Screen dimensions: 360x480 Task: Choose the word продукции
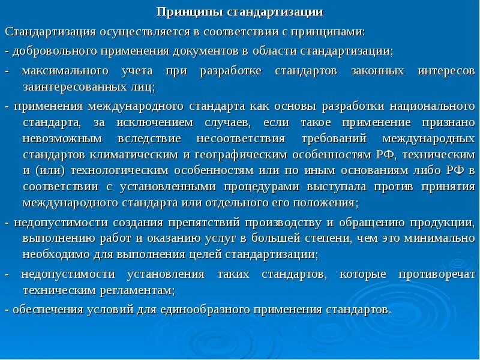click(x=443, y=223)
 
